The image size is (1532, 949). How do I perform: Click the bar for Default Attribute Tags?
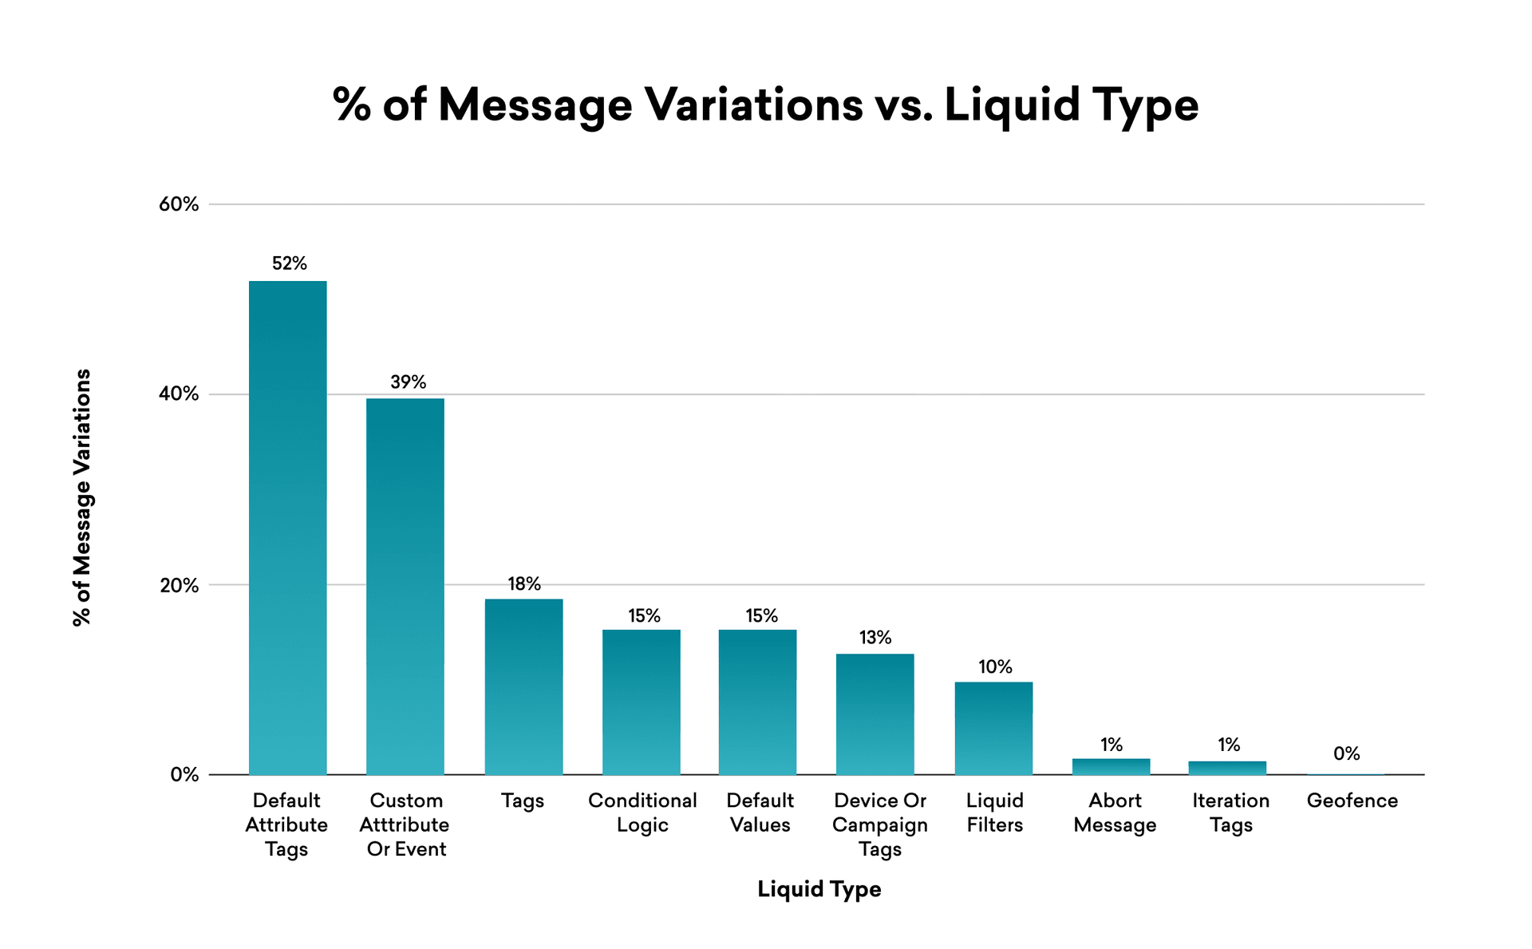tap(287, 527)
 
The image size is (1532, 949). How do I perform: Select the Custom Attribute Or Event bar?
tap(405, 587)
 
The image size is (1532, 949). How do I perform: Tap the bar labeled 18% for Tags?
tap(523, 686)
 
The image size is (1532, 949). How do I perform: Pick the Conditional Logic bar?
tap(641, 702)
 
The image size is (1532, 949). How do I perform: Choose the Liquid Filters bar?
tap(993, 728)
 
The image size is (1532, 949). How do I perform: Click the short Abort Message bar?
tap(1111, 766)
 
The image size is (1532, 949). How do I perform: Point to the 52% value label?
tap(289, 263)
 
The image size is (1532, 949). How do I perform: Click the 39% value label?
tap(408, 382)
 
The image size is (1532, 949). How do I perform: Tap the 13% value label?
tap(875, 637)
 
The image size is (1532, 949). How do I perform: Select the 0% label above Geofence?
tap(1346, 753)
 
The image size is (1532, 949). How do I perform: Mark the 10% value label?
tap(995, 666)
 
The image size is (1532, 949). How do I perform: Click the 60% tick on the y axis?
tap(179, 204)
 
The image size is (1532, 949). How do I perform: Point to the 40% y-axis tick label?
tap(179, 393)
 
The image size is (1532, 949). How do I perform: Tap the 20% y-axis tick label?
tap(179, 585)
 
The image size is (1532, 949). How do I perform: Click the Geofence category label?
tap(1352, 801)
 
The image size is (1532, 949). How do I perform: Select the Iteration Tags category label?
tap(1230, 813)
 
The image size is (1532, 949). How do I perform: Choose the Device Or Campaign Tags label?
tap(879, 824)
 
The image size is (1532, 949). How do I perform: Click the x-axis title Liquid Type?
tap(819, 889)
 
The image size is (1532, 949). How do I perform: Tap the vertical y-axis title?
tap(82, 497)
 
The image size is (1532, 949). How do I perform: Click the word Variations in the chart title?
tap(753, 105)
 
